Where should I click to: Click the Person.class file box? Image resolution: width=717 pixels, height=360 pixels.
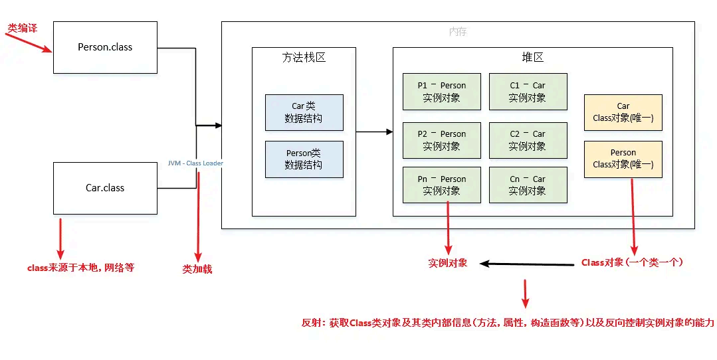105,47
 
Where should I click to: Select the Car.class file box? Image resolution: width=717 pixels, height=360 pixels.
105,188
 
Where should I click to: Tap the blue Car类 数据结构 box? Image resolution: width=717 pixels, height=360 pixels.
304,112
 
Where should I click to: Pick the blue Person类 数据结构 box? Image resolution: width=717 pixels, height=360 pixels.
304,159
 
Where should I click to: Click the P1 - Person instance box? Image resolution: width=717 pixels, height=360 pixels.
441,92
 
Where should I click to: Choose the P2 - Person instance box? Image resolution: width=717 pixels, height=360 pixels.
441,140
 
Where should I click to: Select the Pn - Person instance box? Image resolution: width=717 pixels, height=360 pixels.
441,185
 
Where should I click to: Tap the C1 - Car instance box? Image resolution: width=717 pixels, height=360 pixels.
528,92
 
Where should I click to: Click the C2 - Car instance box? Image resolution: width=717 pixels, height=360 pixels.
528,140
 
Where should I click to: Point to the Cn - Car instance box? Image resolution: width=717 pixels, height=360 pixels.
528,185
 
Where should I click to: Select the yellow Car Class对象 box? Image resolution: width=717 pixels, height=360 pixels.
623,112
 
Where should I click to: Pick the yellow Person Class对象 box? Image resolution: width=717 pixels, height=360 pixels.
623,159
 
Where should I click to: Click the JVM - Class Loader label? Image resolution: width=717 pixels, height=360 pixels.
195,163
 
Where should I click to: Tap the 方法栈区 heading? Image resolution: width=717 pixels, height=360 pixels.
304,58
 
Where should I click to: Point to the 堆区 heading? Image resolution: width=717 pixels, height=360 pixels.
532,58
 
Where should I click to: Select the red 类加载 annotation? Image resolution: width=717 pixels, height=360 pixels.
197,270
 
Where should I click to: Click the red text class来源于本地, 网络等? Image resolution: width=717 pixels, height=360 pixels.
80,268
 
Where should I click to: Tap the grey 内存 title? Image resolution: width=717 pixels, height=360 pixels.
458,31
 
